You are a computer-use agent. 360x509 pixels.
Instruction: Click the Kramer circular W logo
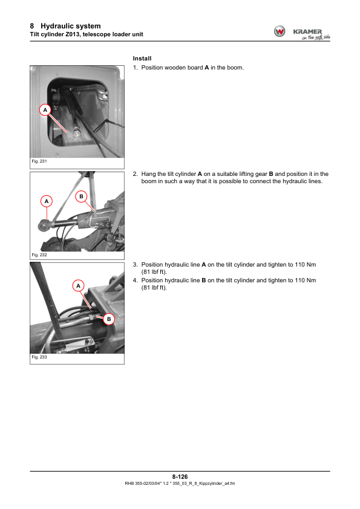pos(280,31)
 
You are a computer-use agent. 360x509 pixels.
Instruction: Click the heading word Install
pos(142,59)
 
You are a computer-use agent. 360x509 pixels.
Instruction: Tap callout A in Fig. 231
pos(45,110)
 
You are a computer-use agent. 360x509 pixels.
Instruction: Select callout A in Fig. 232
pos(47,201)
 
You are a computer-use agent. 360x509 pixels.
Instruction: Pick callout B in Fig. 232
pos(81,196)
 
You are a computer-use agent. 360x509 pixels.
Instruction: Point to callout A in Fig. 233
pos(78,286)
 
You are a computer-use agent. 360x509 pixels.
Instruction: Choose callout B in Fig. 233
pos(109,319)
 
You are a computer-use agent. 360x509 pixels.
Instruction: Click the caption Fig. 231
pos(39,161)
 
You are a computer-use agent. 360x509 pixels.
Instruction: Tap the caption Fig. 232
pos(39,255)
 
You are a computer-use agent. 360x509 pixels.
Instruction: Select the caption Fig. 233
pos(39,357)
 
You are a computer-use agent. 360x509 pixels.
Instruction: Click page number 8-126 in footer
pos(180,476)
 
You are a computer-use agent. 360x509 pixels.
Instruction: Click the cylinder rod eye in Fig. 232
pos(44,225)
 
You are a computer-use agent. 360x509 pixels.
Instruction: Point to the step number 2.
pos(135,174)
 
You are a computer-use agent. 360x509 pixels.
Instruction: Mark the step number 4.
pos(135,280)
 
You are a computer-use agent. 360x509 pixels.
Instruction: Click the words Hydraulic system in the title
pos(71,26)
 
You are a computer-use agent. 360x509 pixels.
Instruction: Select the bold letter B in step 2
pos(271,174)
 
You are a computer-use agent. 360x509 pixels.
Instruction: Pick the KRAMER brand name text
pos(307,31)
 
